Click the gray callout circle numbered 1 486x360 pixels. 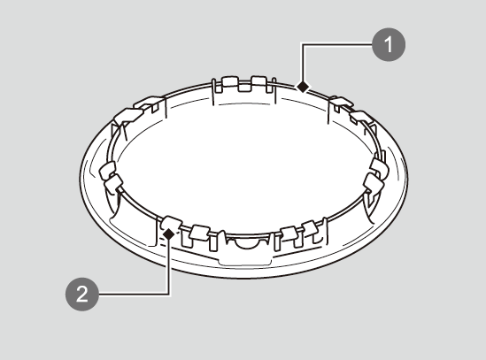[x=389, y=44]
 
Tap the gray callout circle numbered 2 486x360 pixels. [x=82, y=294]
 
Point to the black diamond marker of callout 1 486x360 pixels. [x=303, y=87]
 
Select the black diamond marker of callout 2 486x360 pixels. [x=169, y=234]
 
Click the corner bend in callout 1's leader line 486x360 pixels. [x=303, y=44]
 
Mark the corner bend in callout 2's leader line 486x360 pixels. [x=169, y=294]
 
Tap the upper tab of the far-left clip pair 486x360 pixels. [x=107, y=170]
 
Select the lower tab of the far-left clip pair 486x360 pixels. [x=113, y=183]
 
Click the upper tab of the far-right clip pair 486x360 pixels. [x=380, y=167]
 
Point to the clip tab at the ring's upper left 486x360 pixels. [x=128, y=115]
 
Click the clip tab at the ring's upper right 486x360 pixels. [x=361, y=117]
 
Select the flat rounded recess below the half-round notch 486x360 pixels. [x=245, y=260]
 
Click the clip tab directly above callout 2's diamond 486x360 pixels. [x=172, y=222]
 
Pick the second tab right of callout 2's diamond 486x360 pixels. [x=200, y=233]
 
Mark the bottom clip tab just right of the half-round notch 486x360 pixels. [x=289, y=234]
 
